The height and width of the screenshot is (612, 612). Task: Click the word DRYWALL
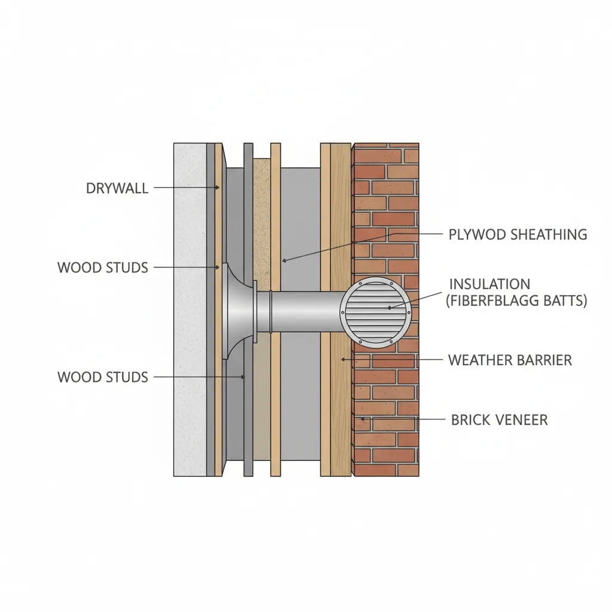click(x=117, y=189)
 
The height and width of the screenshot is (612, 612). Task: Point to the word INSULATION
click(x=489, y=284)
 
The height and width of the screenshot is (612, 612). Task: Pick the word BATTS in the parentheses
click(x=565, y=301)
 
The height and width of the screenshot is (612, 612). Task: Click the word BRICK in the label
click(x=470, y=420)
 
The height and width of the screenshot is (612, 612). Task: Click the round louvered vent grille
click(x=376, y=313)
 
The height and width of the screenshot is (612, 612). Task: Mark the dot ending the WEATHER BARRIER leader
click(x=342, y=359)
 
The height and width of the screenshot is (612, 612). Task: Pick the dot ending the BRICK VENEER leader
click(x=362, y=420)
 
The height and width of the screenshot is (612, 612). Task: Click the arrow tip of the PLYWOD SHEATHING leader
click(x=284, y=261)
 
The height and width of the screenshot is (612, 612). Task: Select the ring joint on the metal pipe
click(x=270, y=312)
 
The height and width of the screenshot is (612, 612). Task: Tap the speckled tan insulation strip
click(x=262, y=227)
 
